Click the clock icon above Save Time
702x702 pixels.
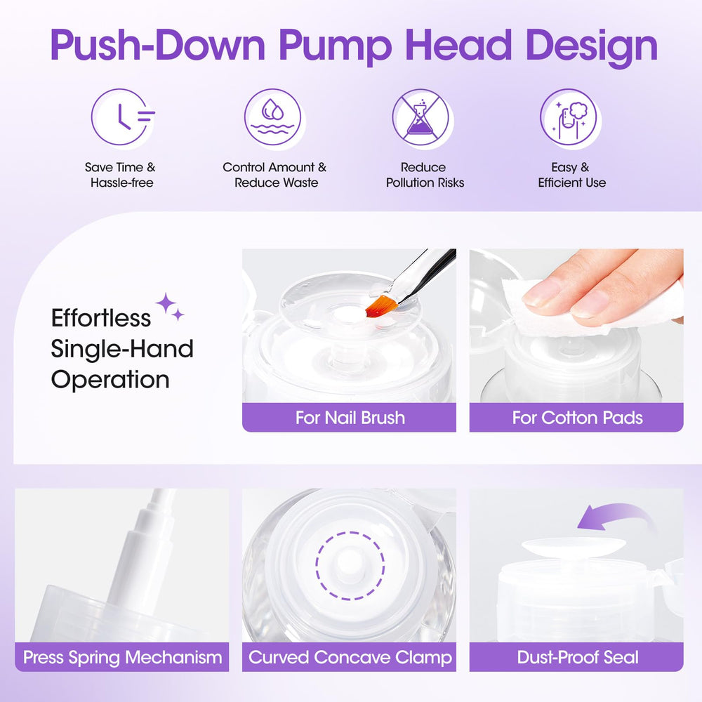[120, 117]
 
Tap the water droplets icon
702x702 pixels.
[272, 117]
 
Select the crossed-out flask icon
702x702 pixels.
[420, 117]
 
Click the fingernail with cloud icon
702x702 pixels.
[569, 117]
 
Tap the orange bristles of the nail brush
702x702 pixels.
[381, 305]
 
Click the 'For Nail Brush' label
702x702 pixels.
[350, 418]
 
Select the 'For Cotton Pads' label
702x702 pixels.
[577, 418]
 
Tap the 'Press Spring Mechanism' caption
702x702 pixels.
[122, 657]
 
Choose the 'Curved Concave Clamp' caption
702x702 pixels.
[350, 657]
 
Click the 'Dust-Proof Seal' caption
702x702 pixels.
[578, 657]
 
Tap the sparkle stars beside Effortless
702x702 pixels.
[170, 306]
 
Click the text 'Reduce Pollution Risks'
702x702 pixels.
[425, 175]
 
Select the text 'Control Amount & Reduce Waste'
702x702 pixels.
[275, 175]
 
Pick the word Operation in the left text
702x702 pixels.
[110, 380]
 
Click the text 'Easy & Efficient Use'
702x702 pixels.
[571, 175]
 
